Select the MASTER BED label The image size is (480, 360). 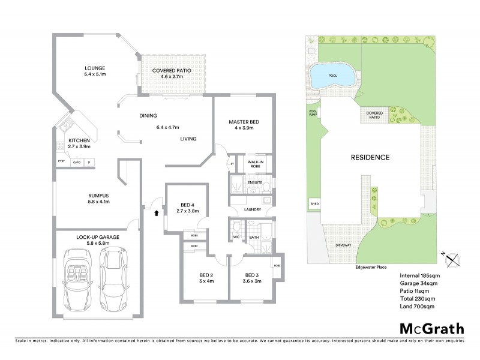pos(244,122)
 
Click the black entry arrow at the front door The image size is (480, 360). pos(157,212)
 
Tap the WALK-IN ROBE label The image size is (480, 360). pos(255,164)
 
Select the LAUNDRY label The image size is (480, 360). pos(251,209)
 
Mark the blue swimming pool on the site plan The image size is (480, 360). pos(327,76)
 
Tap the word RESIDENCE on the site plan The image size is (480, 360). pos(370,157)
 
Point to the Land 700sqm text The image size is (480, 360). pos(416,306)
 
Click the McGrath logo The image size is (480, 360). pos(431,328)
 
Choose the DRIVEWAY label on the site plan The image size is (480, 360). pos(343,245)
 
